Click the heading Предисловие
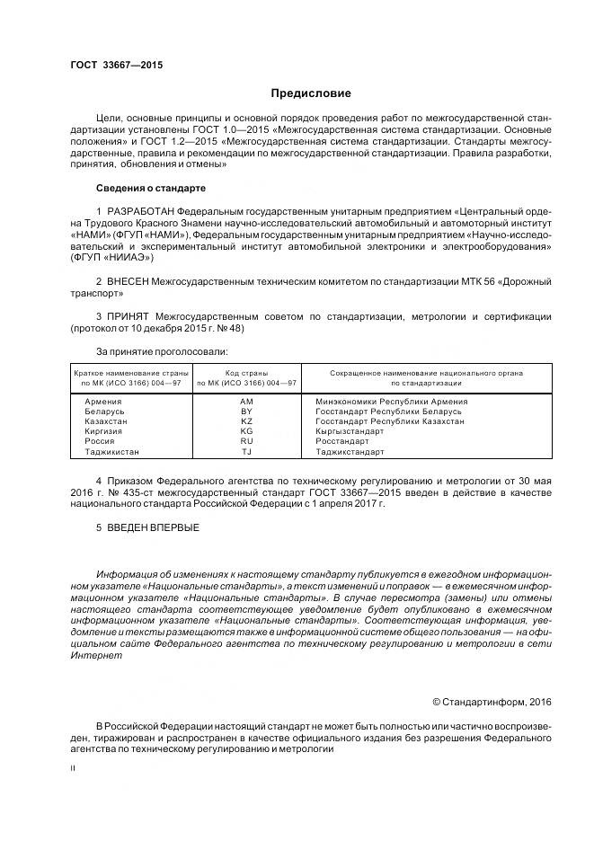311,93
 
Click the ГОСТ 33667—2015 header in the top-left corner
116,65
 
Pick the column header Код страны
246,371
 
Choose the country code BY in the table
246,411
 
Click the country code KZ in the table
246,420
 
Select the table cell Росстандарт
342,441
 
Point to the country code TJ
246,452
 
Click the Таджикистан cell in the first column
111,452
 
